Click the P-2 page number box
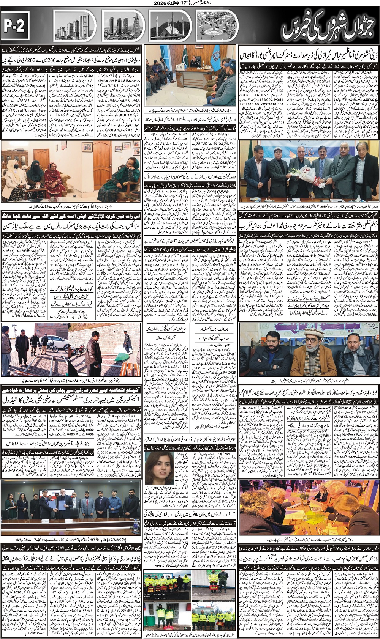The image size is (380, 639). tap(15, 26)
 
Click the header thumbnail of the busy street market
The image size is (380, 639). tap(217, 26)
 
